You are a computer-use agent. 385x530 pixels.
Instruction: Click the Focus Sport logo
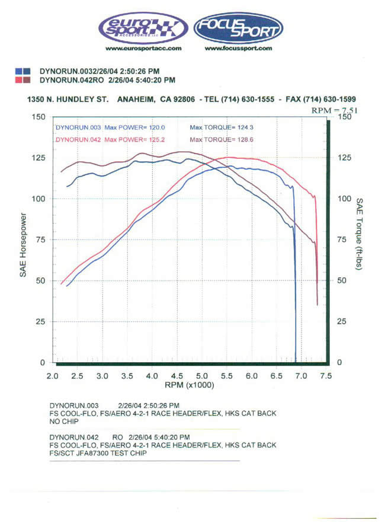click(238, 27)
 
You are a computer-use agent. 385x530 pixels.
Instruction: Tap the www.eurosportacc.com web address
click(143, 49)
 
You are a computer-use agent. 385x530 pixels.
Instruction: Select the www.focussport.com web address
click(238, 49)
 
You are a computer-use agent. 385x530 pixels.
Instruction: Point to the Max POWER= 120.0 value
click(135, 127)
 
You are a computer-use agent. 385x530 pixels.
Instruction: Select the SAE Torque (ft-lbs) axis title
click(359, 232)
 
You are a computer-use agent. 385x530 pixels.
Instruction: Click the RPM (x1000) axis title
click(190, 385)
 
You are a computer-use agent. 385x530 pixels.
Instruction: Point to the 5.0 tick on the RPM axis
click(202, 375)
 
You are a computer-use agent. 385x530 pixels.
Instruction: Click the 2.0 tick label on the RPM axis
click(53, 375)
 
